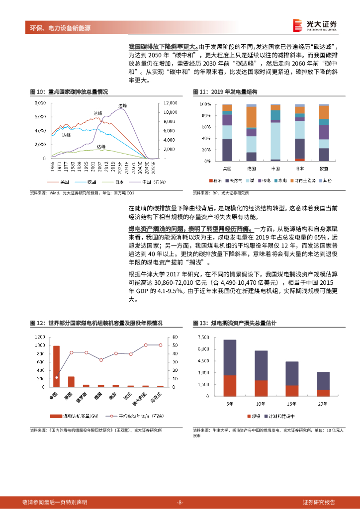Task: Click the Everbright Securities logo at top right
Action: point(315,24)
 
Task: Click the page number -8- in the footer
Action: point(180,502)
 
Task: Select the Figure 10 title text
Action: point(69,92)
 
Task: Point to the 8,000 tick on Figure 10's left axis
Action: point(40,103)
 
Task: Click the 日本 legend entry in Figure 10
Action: point(110,182)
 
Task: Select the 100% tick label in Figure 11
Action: point(205,104)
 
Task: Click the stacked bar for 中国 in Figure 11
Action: point(275,133)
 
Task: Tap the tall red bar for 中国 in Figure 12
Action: point(56,366)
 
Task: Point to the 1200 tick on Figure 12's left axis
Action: point(39,337)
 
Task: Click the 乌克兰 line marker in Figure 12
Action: point(160,345)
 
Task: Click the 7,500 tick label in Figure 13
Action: point(203,338)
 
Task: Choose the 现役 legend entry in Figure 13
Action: point(256,416)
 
